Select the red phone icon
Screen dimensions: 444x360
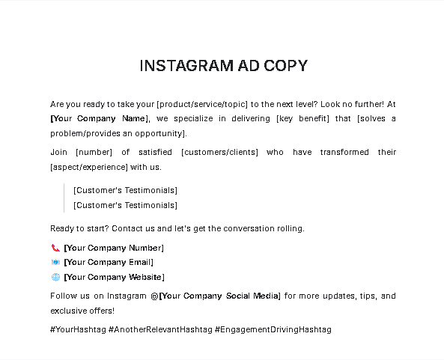(x=55, y=248)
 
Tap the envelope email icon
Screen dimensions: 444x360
(x=55, y=263)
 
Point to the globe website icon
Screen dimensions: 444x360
(x=55, y=277)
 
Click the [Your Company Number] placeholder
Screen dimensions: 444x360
(x=114, y=248)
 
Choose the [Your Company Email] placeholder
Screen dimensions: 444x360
(x=109, y=263)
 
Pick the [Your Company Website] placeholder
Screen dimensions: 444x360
(x=114, y=277)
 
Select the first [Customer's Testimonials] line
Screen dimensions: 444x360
(x=125, y=190)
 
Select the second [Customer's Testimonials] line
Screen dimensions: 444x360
(x=125, y=205)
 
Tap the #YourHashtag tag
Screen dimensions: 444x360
(x=77, y=329)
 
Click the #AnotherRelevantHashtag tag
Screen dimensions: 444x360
(x=159, y=329)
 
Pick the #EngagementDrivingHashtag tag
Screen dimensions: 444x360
(x=273, y=329)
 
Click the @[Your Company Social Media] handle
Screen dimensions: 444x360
(x=215, y=296)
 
